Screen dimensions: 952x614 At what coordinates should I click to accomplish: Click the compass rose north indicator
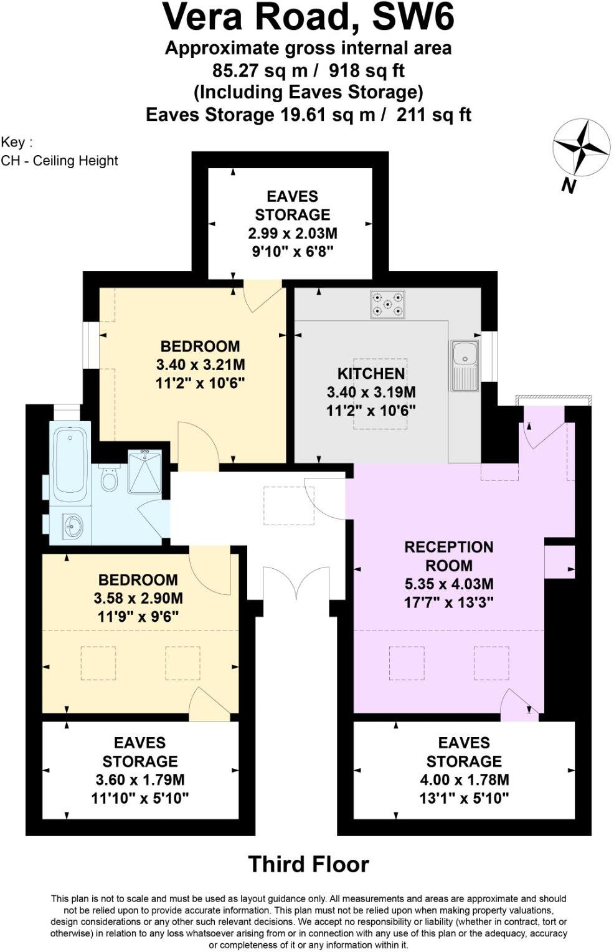tap(582, 148)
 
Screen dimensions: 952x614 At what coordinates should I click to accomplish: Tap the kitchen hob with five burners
tap(387, 304)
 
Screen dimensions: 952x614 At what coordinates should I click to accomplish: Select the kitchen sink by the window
tap(465, 365)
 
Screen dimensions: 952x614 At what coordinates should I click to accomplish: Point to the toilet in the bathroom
tap(110, 478)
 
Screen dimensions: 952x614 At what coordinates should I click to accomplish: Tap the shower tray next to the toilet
tap(144, 471)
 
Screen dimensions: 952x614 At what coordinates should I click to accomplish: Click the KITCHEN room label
tap(371, 374)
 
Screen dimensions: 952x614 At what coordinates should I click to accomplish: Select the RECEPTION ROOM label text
tap(448, 556)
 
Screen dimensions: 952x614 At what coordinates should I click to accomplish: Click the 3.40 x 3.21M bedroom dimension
tap(200, 364)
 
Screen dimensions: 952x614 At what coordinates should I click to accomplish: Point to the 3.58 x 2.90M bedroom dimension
tap(138, 599)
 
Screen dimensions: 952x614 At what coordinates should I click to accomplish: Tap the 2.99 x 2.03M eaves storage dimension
tap(292, 234)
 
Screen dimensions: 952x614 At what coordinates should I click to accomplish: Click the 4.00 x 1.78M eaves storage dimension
tap(464, 779)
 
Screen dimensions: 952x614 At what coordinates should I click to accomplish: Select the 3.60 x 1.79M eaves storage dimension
tap(139, 779)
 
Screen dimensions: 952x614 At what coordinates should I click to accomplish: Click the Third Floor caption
tap(308, 865)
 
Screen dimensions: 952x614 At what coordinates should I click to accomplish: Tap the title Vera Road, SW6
tap(308, 17)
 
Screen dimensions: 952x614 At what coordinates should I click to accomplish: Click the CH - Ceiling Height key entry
tap(59, 161)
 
